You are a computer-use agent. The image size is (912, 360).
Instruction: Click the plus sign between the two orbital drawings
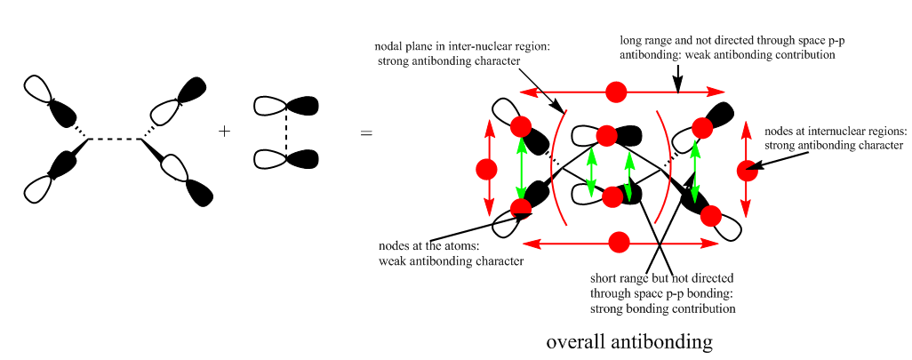224,132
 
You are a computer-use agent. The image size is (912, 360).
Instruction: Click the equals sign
366,134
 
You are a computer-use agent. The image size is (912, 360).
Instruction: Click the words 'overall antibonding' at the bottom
629,341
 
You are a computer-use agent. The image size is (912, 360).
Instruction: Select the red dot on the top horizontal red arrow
615,92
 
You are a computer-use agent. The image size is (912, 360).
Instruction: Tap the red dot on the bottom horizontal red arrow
620,241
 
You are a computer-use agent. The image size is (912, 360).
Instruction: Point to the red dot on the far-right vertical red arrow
747,168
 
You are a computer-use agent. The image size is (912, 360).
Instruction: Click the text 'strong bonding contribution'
662,308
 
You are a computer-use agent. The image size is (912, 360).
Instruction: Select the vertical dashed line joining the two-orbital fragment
286,132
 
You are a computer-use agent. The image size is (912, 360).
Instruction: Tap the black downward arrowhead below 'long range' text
677,85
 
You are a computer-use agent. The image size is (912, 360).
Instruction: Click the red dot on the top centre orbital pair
606,135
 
